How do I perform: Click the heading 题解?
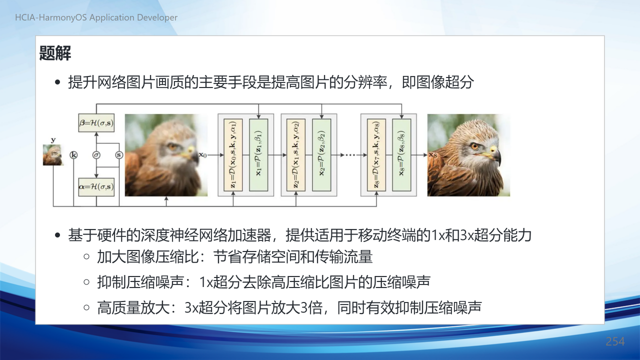55,53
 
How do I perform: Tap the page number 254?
615,341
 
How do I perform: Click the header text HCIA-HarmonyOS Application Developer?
96,17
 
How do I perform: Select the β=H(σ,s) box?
96,123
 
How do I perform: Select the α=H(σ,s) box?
96,187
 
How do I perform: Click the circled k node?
73,155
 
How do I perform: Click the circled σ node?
96,155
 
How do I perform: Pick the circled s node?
119,155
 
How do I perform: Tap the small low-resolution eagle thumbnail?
53,155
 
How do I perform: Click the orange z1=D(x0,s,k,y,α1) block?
233,155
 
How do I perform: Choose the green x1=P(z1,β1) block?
258,155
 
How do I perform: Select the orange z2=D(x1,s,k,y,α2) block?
296,155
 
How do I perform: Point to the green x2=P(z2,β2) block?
321,155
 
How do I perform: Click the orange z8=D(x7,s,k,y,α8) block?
376,155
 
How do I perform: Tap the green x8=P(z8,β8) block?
401,155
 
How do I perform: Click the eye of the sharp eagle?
474,146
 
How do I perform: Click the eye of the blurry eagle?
172,147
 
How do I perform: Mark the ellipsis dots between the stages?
350,155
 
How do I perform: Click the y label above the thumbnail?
53,140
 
